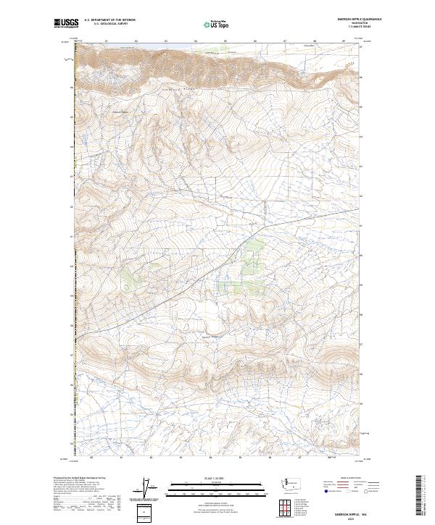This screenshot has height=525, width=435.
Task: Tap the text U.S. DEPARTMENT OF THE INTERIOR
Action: [x=109, y=21]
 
